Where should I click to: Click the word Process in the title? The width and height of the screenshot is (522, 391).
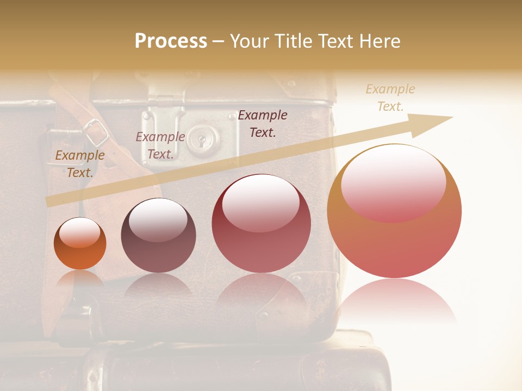(171, 41)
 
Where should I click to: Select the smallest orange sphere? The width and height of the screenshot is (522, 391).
(80, 243)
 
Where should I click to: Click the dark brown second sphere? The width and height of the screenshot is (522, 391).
(158, 235)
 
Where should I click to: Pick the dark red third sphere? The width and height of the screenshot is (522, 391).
(261, 223)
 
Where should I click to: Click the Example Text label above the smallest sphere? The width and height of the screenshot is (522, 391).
(80, 163)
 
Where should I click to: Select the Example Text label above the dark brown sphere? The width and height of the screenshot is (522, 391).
(160, 145)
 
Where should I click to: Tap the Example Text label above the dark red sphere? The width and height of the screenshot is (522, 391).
(263, 123)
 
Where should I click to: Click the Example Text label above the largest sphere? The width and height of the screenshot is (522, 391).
(390, 97)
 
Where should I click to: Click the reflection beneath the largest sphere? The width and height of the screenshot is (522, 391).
(394, 301)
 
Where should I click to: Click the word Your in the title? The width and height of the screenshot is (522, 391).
(248, 41)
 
